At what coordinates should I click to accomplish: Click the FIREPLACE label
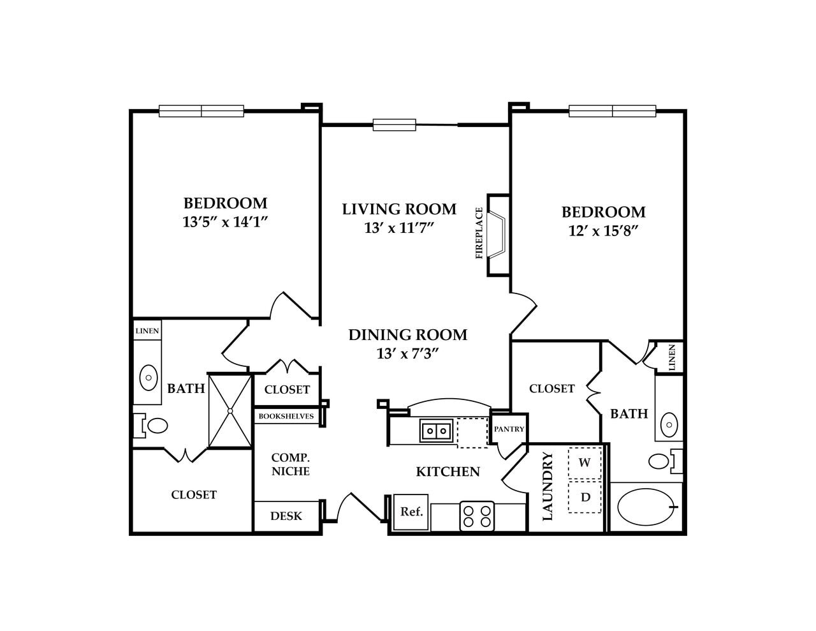coord(479,234)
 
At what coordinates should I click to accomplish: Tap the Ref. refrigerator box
coord(411,512)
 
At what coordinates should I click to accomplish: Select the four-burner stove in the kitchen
coord(477,516)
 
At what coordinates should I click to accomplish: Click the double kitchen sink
coord(436,431)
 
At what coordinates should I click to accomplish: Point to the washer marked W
coord(585,463)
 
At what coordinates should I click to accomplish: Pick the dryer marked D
coord(585,497)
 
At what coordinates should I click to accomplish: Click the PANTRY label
coord(509,429)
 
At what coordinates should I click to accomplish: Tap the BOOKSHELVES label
coord(286,417)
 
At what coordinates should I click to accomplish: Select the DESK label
coord(286,516)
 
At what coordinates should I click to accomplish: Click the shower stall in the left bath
coord(231,411)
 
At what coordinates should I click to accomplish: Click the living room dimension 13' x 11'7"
coord(399,228)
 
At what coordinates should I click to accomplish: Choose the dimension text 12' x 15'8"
coord(603,230)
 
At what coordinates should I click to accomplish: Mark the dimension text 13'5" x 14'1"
coord(225,222)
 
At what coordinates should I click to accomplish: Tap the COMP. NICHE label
coord(290,464)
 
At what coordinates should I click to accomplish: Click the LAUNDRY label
coord(548,487)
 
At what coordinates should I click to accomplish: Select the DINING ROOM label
coord(408,335)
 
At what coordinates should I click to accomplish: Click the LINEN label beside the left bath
coord(147,331)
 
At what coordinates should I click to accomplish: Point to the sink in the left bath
coord(149,377)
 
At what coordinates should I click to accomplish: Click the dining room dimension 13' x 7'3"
coord(408,353)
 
